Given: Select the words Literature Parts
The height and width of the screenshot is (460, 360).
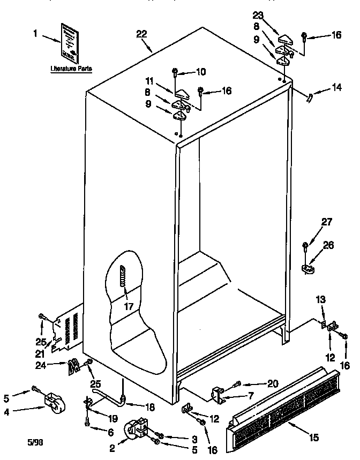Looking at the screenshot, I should (71, 69).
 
